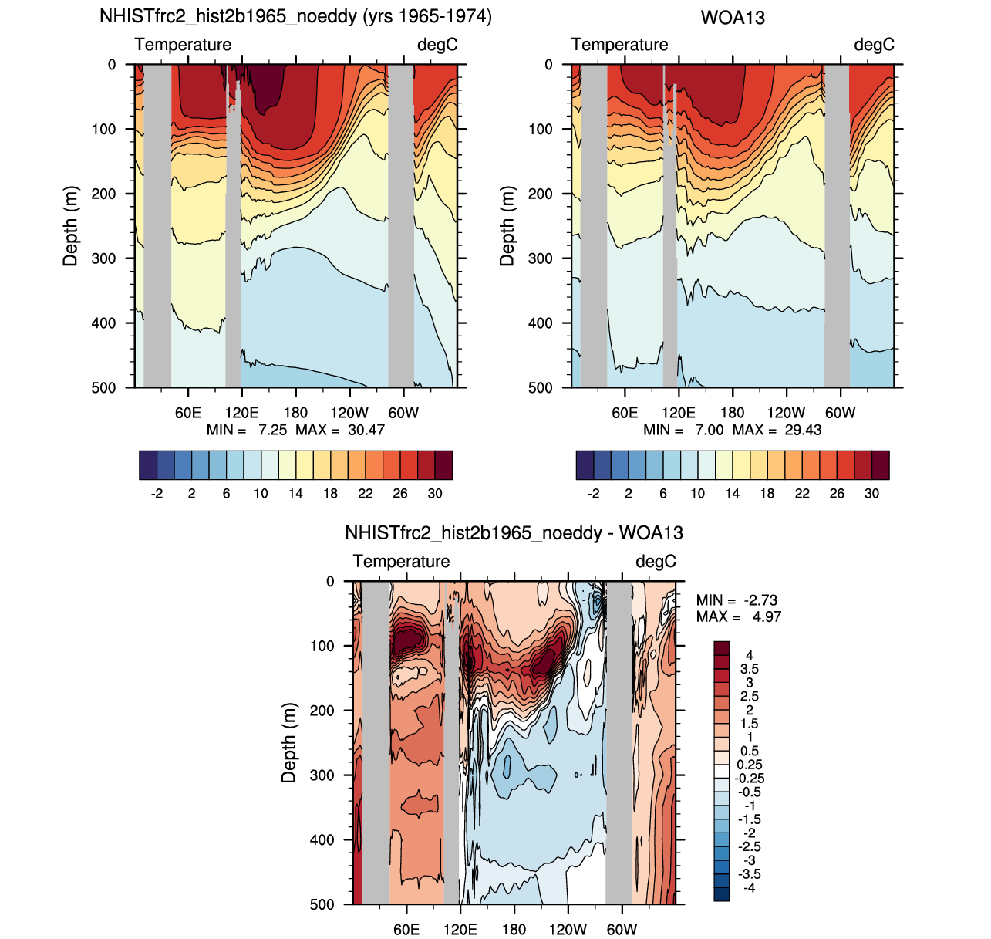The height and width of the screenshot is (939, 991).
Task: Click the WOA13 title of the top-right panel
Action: click(x=733, y=18)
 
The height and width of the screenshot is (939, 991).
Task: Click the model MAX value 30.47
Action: click(x=366, y=430)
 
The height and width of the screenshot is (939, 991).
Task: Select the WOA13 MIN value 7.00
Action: click(x=709, y=430)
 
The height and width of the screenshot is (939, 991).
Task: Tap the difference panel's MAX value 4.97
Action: click(x=767, y=616)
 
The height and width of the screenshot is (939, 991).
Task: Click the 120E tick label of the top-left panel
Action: click(x=241, y=413)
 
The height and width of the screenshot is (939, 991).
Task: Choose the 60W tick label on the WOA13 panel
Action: click(x=841, y=413)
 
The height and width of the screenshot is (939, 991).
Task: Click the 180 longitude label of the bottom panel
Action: click(x=514, y=930)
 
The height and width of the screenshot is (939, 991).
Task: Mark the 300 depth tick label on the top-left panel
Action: click(x=103, y=258)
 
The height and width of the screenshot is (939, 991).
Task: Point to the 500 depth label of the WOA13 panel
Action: click(x=541, y=387)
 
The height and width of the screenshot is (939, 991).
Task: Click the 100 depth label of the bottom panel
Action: click(x=322, y=646)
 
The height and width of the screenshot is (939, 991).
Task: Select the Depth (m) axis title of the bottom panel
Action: click(x=288, y=742)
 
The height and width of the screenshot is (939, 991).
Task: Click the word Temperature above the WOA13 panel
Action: click(x=619, y=45)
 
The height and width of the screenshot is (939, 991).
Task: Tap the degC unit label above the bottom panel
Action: click(x=656, y=561)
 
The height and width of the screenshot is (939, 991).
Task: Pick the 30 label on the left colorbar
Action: click(x=434, y=493)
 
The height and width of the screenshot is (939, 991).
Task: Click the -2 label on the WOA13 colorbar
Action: click(x=593, y=493)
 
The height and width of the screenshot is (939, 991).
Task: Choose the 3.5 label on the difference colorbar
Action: click(x=749, y=669)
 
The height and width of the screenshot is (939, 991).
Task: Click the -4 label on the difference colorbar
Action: click(x=749, y=902)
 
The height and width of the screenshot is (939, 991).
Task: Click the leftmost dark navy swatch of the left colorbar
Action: click(x=148, y=465)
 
